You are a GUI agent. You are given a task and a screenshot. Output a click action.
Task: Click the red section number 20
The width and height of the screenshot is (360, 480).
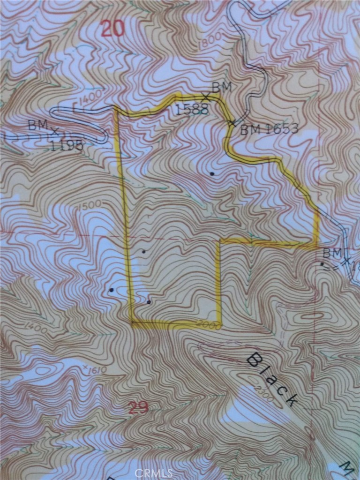[112, 30]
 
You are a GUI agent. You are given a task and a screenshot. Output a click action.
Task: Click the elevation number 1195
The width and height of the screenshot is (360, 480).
[67, 145]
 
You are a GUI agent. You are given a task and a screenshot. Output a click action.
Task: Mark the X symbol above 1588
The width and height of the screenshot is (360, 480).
[205, 97]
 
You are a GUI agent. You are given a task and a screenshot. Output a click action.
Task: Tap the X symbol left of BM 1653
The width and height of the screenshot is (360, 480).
[232, 123]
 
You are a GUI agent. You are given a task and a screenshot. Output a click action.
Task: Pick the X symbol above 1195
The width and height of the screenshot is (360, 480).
[55, 130]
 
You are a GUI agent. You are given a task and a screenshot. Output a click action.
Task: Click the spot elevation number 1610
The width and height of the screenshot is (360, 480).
[97, 370]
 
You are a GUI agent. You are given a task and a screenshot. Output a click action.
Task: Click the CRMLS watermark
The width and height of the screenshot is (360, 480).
[154, 473]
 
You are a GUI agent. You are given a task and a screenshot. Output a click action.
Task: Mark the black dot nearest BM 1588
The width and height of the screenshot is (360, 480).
[212, 173]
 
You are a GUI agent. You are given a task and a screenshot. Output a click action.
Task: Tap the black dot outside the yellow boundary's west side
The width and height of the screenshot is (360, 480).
[111, 290]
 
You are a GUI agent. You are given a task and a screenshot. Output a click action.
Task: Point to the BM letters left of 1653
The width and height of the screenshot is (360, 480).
[251, 129]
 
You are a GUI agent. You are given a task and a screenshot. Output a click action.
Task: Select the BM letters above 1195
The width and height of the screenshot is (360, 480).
[37, 125]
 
